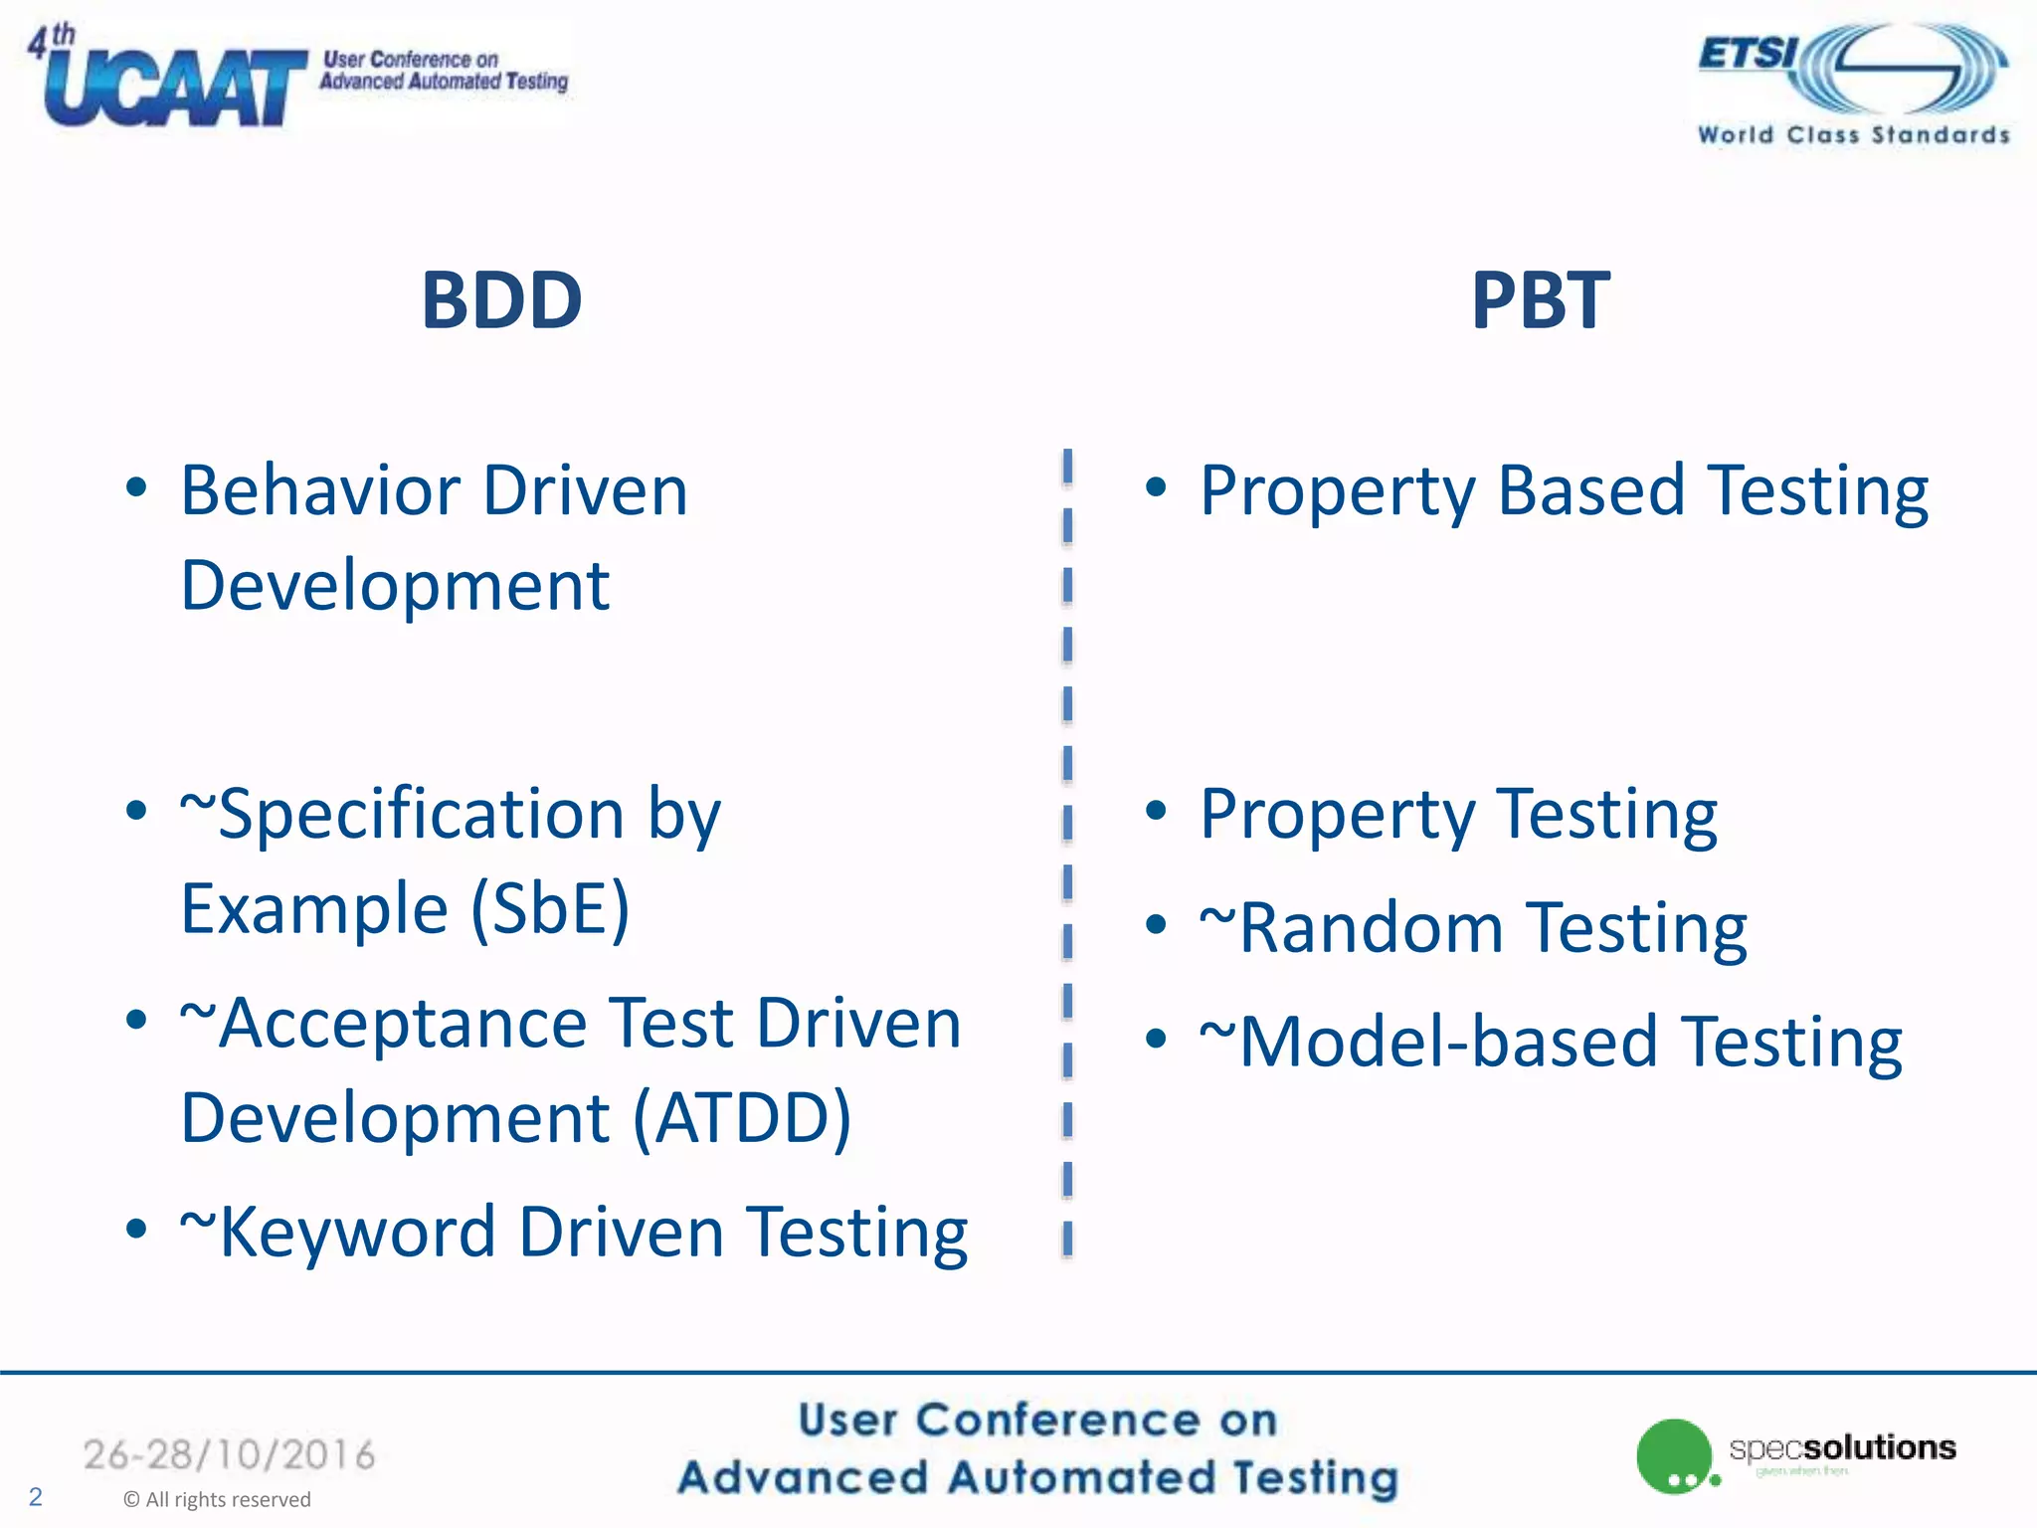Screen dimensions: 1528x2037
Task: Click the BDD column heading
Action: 501,300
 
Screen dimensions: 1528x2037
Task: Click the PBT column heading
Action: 1540,300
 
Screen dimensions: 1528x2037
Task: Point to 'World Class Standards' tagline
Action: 1853,135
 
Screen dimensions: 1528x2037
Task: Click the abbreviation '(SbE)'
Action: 549,908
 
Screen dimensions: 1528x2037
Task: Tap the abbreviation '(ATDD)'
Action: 742,1118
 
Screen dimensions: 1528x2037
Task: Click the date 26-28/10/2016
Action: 229,1455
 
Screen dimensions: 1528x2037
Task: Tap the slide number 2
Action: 36,1496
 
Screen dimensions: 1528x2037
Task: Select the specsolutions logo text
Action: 1842,1447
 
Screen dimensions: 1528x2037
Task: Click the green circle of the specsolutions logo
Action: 1673,1453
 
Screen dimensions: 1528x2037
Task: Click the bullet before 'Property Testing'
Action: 1155,811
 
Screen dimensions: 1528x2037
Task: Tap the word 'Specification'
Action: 420,815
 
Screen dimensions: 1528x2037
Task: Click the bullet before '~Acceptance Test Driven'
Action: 136,1020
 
